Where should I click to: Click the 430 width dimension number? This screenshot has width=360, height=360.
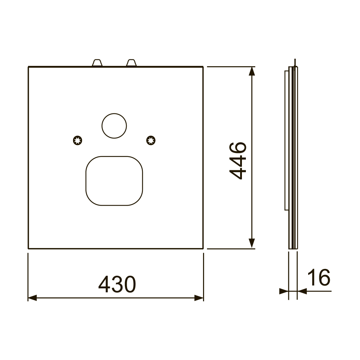117,284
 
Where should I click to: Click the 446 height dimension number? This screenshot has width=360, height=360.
238,161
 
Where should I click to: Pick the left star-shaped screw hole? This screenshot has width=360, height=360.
78,140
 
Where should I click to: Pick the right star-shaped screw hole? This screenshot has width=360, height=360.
151,140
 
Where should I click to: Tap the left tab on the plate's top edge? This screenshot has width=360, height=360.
97,63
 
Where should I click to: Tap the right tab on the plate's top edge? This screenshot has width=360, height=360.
131,63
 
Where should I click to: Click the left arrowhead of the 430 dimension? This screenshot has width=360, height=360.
32,298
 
